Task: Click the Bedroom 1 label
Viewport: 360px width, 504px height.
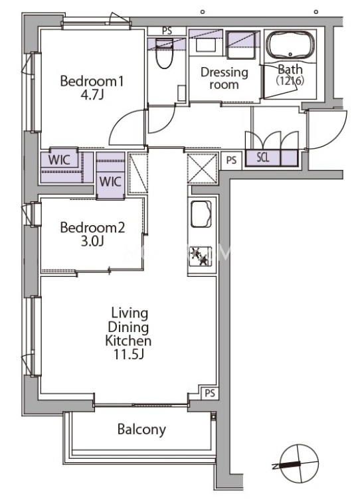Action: (x=92, y=81)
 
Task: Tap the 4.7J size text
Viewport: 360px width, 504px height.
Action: (x=92, y=95)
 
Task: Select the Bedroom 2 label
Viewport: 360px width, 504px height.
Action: (x=92, y=228)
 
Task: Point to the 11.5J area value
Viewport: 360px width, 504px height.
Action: (x=128, y=354)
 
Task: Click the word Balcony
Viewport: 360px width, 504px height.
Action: (x=141, y=430)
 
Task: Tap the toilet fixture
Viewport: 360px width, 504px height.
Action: (x=164, y=53)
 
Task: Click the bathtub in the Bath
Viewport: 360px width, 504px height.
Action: (x=291, y=45)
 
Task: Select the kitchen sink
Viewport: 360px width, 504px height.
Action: (x=201, y=214)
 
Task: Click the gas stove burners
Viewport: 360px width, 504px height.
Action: (x=201, y=256)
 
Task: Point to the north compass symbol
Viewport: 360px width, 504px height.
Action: (x=299, y=463)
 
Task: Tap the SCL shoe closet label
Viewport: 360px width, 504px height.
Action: (x=263, y=157)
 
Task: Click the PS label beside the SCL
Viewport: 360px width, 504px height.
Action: (x=231, y=160)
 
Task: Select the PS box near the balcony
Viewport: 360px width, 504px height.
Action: (x=210, y=393)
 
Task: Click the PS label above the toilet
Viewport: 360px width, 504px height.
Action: (x=167, y=31)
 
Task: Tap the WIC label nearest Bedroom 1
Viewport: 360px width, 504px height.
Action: (x=59, y=160)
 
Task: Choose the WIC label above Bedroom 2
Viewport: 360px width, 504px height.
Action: (x=110, y=181)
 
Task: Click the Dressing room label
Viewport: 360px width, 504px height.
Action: (x=225, y=78)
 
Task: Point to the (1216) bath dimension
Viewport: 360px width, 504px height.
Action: (x=290, y=80)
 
